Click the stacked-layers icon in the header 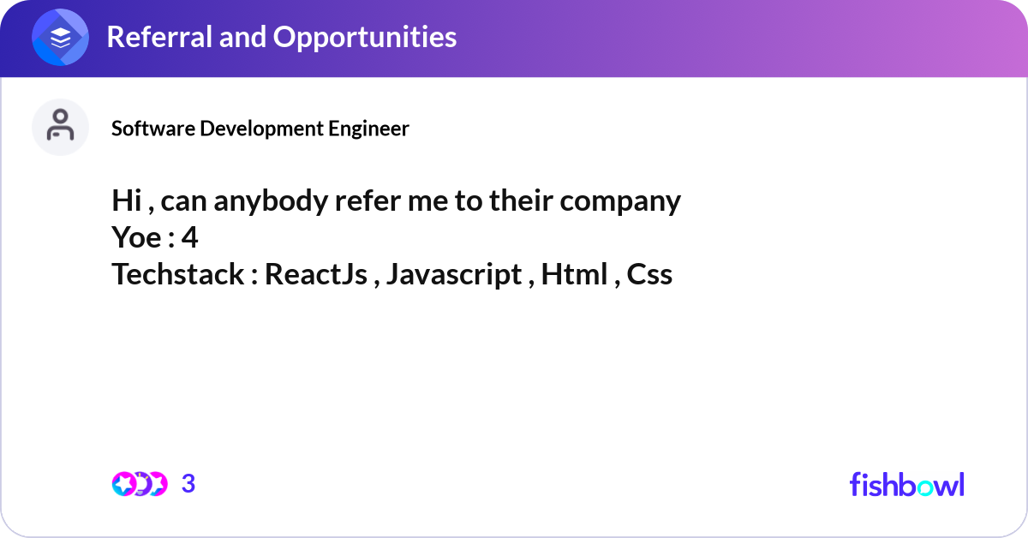tap(60, 37)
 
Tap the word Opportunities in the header tap(365, 38)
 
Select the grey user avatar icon tap(60, 127)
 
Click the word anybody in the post tap(271, 201)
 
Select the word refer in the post tap(368, 201)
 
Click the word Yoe tap(136, 238)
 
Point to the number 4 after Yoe tap(189, 238)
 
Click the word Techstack tap(177, 274)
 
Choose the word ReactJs tap(316, 275)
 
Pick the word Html tap(575, 274)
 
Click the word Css tap(649, 274)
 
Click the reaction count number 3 tap(188, 484)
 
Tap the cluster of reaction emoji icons tap(140, 484)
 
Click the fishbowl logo tap(907, 485)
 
